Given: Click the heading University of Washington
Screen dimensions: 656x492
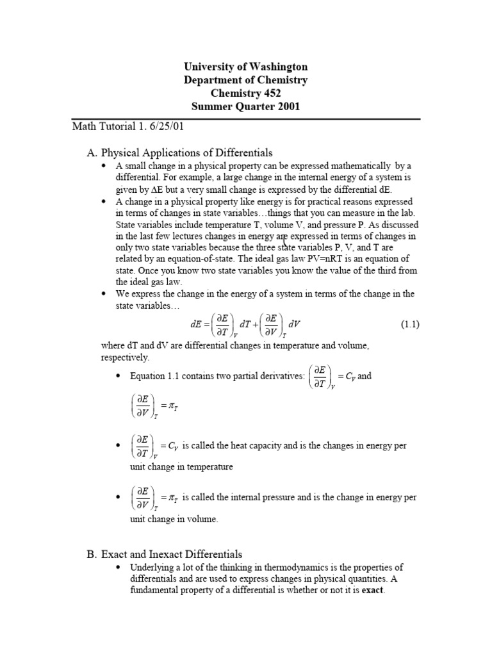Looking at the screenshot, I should coord(246,67).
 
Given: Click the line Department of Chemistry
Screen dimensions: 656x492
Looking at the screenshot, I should coord(246,80).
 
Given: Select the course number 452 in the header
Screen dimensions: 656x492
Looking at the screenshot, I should coord(272,94).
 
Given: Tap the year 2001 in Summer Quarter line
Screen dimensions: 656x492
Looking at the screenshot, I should coord(288,107).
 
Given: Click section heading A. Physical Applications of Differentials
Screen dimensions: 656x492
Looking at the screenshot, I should coord(179,152).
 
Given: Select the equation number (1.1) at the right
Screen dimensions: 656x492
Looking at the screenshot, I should coord(410,324).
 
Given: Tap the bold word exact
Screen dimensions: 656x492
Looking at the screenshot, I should coord(372,590).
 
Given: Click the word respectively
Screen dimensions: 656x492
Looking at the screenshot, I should coord(125,357).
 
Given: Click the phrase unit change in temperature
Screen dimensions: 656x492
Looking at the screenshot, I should coord(174,467).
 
